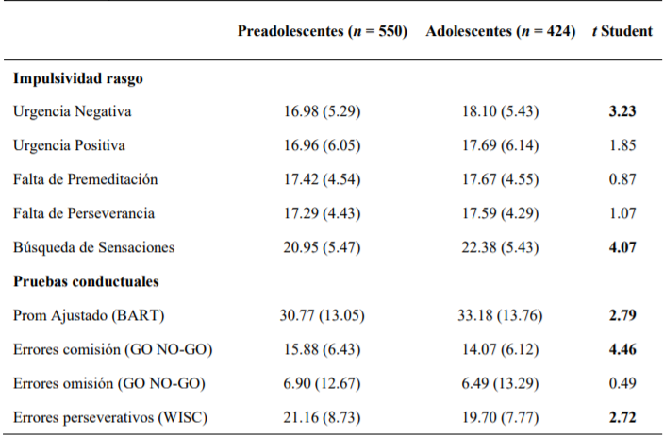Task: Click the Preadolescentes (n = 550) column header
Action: (x=322, y=31)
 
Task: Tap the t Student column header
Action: (x=622, y=31)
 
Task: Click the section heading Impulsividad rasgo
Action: (x=78, y=78)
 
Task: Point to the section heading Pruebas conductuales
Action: (x=86, y=280)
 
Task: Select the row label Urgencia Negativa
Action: (x=73, y=111)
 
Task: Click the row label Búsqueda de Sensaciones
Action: (x=94, y=247)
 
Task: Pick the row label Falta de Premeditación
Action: (x=86, y=179)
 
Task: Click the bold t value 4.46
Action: (x=622, y=349)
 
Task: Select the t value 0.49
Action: (x=622, y=383)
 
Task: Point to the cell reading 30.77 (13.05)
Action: (x=322, y=315)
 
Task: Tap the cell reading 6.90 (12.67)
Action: (x=322, y=383)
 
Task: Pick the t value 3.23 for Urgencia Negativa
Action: (x=622, y=111)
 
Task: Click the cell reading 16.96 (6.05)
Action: (x=322, y=145)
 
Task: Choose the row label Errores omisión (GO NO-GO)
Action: (x=108, y=383)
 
